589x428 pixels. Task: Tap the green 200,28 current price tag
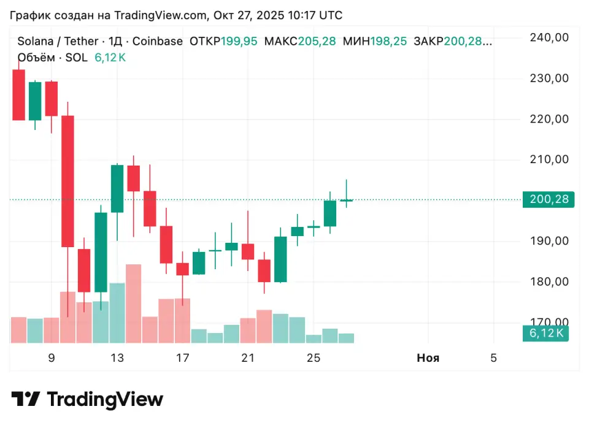pyautogui.click(x=548, y=199)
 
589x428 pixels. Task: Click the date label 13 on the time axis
pyautogui.click(x=117, y=358)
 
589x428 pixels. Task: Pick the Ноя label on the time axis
pyautogui.click(x=428, y=358)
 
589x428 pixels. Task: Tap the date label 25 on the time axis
pyautogui.click(x=314, y=358)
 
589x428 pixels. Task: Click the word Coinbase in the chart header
pyautogui.click(x=158, y=42)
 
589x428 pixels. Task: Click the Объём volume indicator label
pyautogui.click(x=35, y=58)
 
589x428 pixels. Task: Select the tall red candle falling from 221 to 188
pyautogui.click(x=67, y=181)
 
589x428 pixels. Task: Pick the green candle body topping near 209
pyautogui.click(x=117, y=189)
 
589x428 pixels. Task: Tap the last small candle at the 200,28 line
pyautogui.click(x=346, y=200)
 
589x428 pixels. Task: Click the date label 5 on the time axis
pyautogui.click(x=493, y=358)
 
